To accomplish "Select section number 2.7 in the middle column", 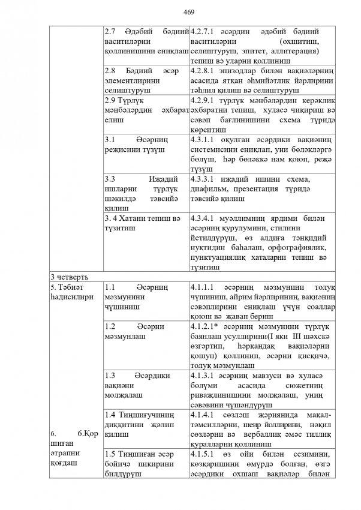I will [111, 31].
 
